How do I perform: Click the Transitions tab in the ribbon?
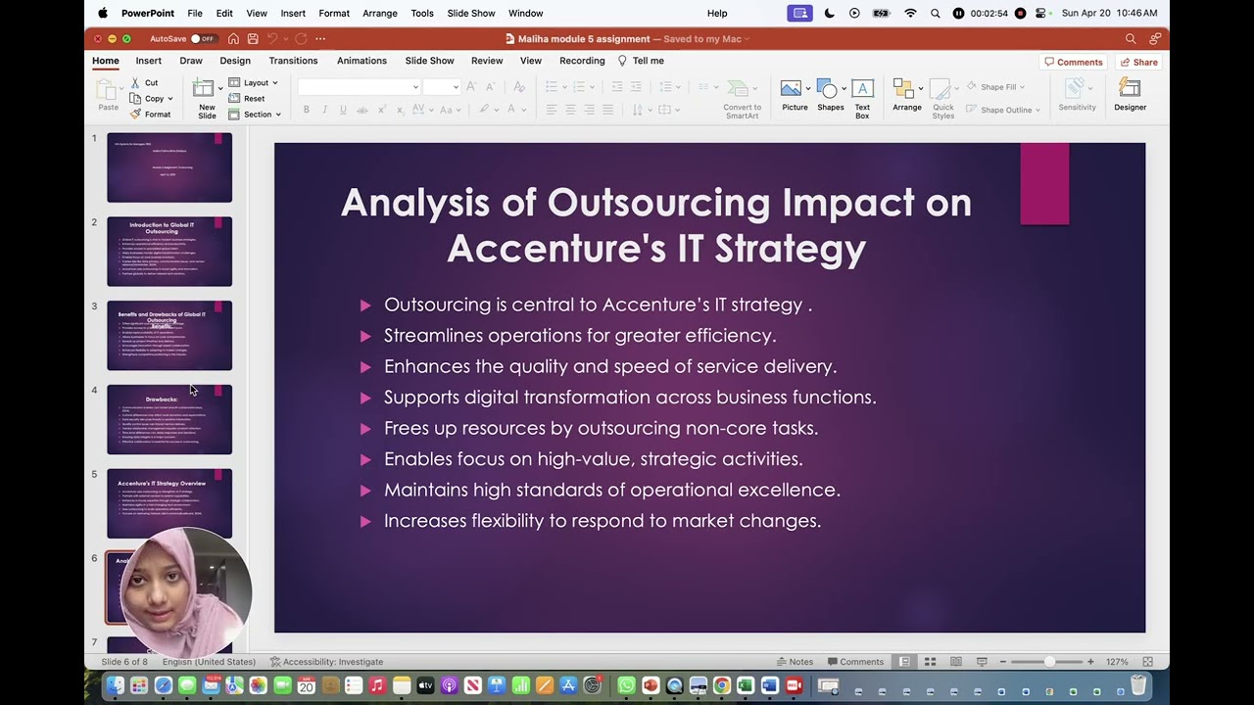tap(293, 61)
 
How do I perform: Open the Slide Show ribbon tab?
tap(429, 61)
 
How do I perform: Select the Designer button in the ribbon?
tap(1130, 94)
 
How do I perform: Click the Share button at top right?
tap(1139, 62)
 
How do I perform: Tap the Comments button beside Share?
tap(1074, 62)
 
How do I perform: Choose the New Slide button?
tap(207, 98)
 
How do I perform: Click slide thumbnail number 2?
tap(169, 252)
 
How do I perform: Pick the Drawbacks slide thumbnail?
tap(169, 419)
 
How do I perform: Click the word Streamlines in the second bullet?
tap(433, 336)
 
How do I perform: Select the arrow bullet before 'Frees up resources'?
tap(365, 429)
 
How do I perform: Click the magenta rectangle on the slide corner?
tap(1044, 183)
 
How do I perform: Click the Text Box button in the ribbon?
tap(862, 98)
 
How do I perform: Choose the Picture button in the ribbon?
tap(795, 95)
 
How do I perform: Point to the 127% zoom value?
tap(1117, 662)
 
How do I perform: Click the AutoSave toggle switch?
tap(203, 39)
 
